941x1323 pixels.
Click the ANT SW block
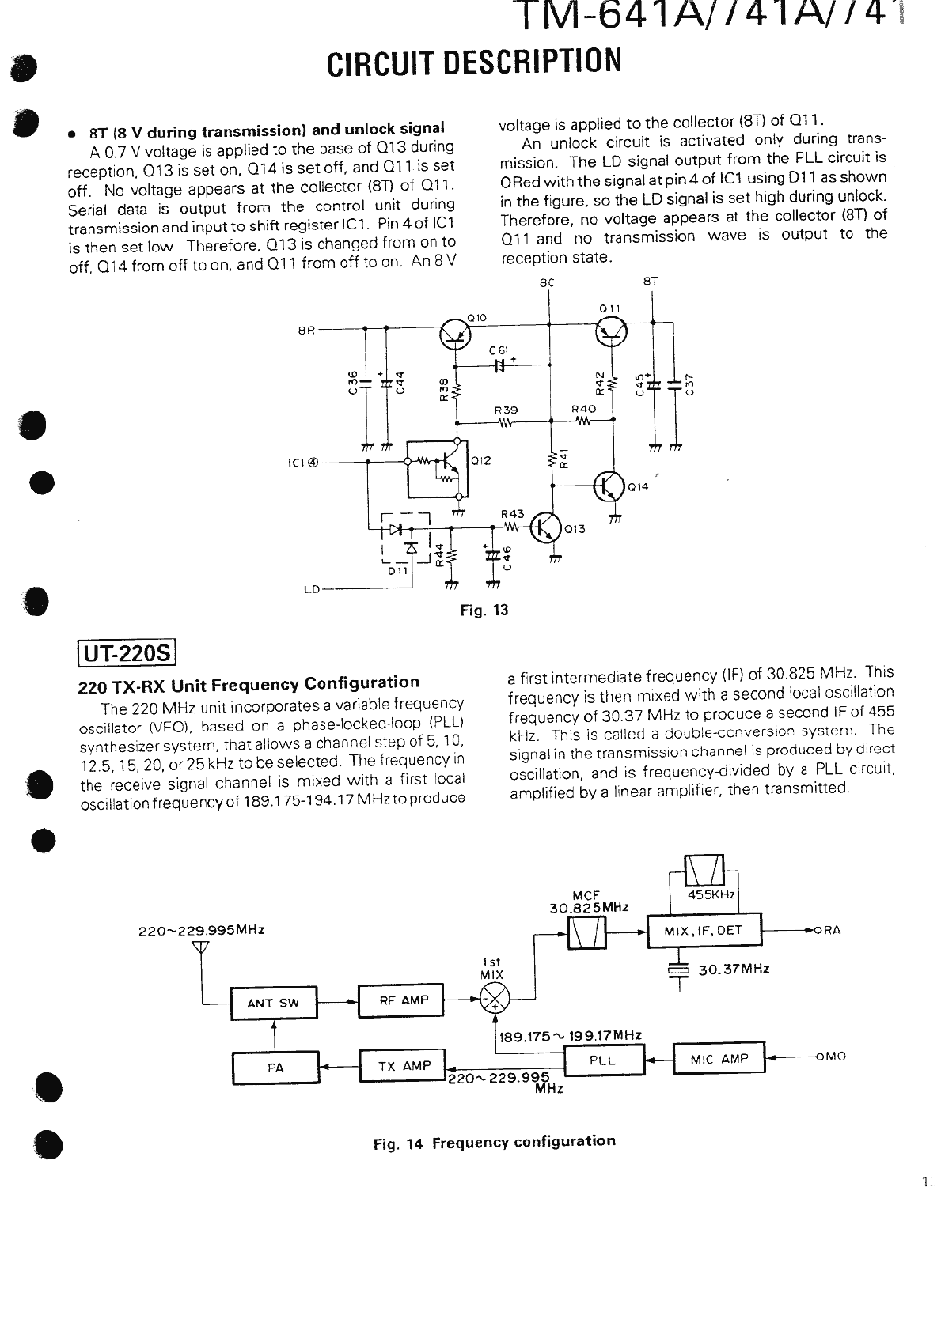(x=273, y=1004)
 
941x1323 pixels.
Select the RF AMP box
(x=401, y=1000)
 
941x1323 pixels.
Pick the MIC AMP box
(x=719, y=1059)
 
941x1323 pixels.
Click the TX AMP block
(x=403, y=1066)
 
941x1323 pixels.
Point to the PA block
(x=275, y=1068)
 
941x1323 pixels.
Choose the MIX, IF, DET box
(x=704, y=931)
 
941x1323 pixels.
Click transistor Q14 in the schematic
(x=609, y=486)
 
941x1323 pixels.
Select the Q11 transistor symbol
(x=610, y=331)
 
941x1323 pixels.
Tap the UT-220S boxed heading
(x=127, y=654)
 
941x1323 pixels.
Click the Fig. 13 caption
(x=484, y=610)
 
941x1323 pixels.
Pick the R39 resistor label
(x=505, y=410)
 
